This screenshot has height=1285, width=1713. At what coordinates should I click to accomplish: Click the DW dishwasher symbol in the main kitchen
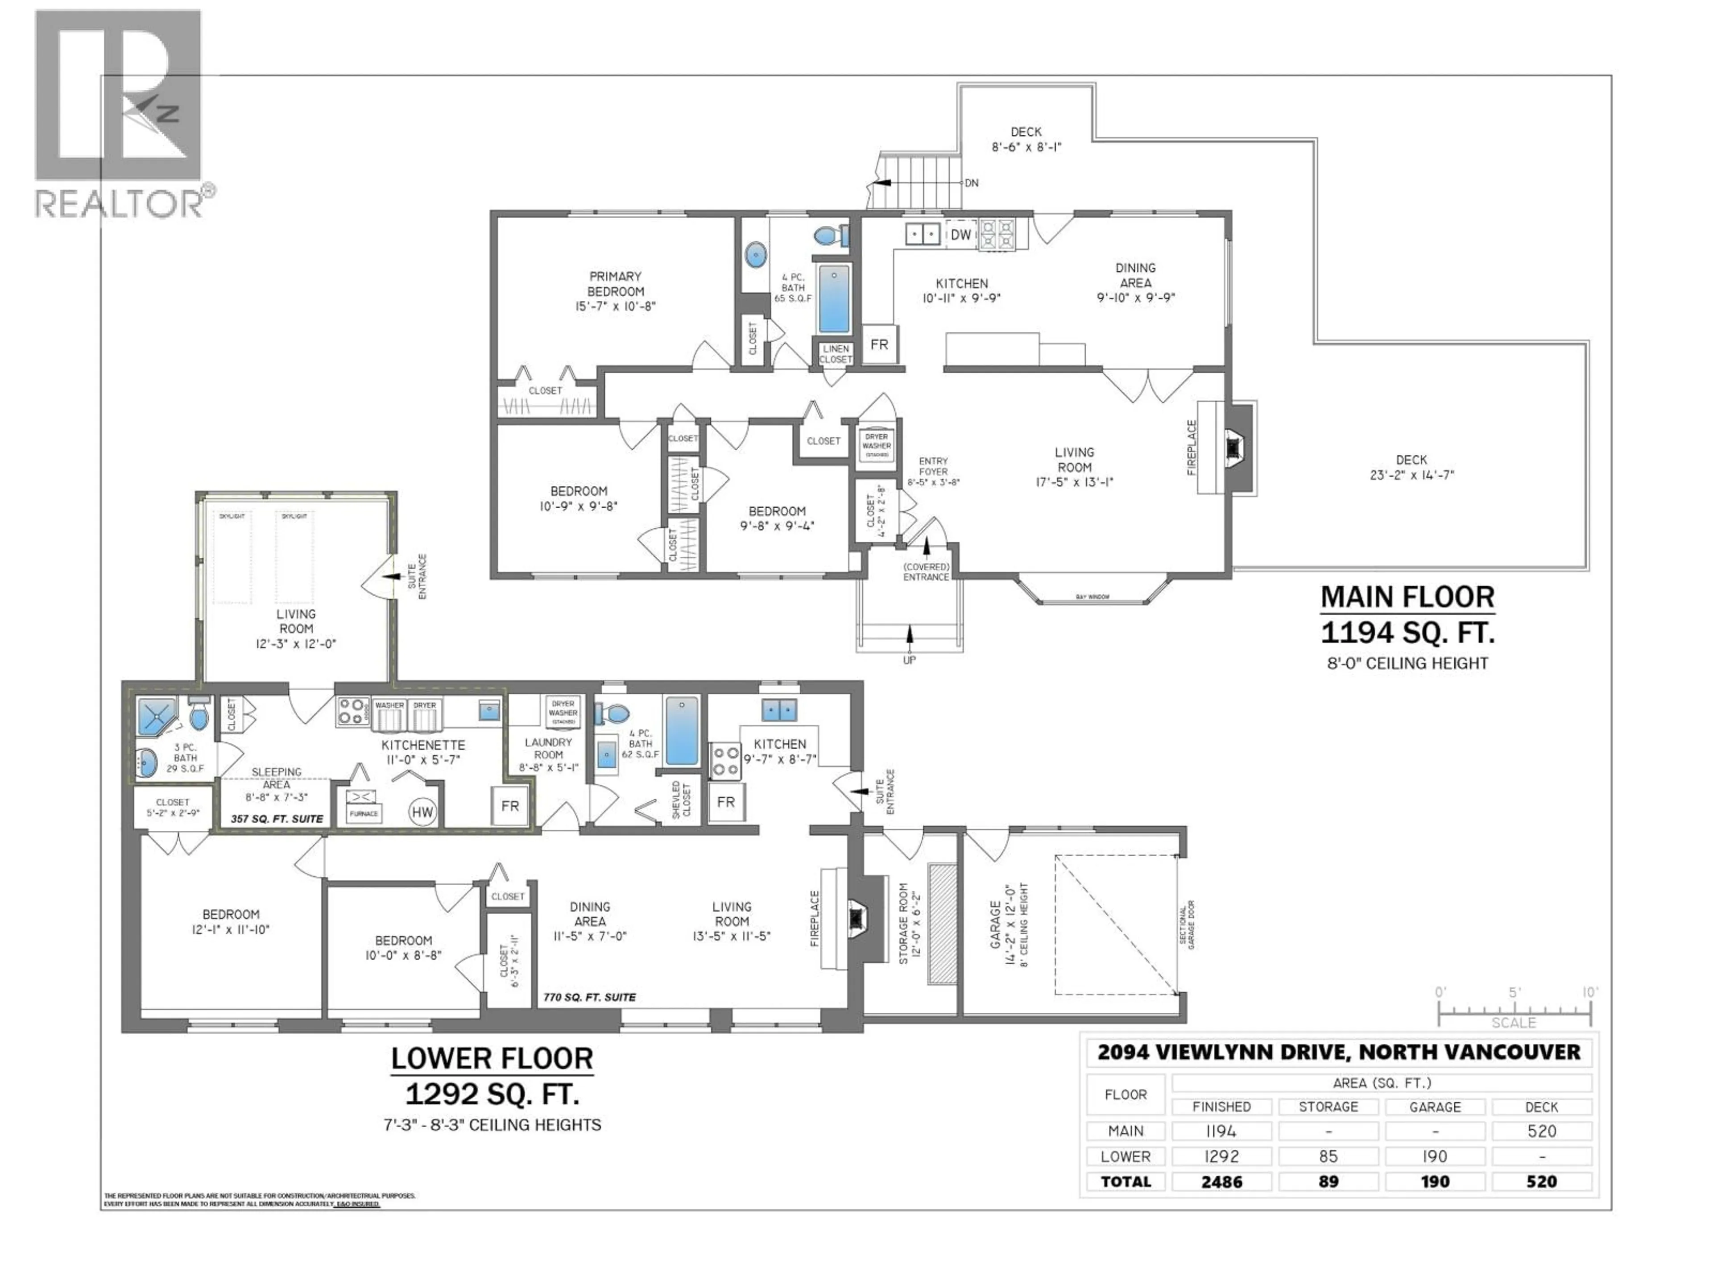coord(960,235)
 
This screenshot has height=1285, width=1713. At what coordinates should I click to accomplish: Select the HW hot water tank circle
coord(422,812)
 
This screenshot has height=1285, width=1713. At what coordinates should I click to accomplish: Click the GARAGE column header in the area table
coord(1435,1107)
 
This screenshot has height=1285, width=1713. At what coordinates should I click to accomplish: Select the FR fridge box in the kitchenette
coord(509,806)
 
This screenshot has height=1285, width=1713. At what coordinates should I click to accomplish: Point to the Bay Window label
coord(1092,597)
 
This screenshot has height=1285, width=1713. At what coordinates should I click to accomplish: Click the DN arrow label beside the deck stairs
coord(971,183)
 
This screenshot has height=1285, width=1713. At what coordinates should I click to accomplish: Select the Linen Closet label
coord(836,354)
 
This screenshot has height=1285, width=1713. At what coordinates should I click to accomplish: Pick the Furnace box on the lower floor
coord(363,806)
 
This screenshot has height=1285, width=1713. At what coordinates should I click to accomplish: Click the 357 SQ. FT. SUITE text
coord(277,819)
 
